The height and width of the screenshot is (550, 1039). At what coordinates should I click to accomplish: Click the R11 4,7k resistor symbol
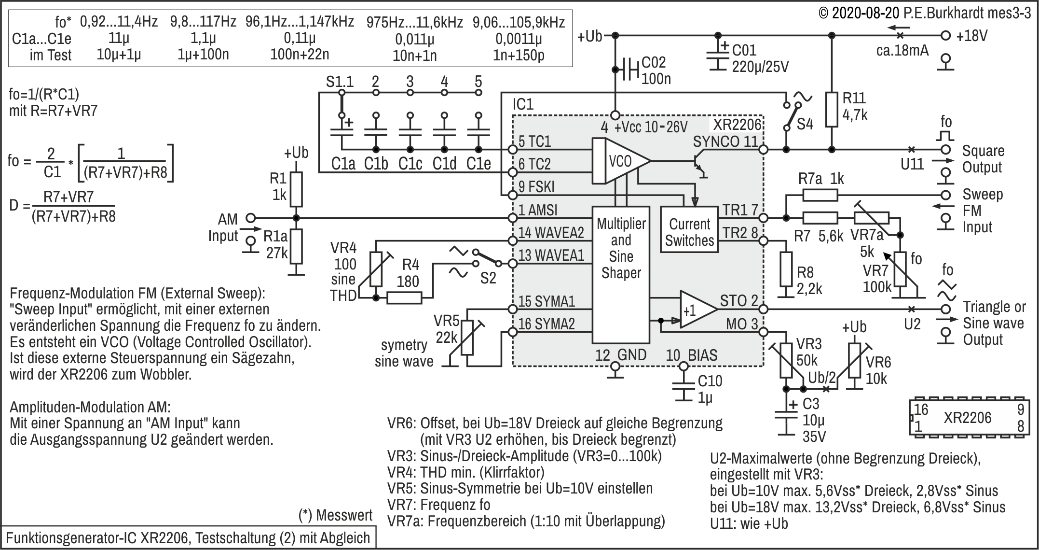tap(832, 109)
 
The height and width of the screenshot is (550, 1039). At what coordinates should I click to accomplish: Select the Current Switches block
tap(689, 229)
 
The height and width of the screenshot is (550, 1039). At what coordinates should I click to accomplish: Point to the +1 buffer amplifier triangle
tap(697, 310)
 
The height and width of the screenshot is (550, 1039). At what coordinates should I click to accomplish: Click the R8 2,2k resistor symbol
tap(786, 269)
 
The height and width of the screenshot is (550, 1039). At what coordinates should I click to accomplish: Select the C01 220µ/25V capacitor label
tap(760, 58)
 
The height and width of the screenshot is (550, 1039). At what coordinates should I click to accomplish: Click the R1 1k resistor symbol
tap(296, 189)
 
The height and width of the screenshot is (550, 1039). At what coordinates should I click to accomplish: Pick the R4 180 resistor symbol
tap(404, 298)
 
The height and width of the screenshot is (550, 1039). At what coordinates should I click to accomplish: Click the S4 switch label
tap(805, 125)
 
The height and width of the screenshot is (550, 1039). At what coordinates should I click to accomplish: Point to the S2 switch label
tap(488, 278)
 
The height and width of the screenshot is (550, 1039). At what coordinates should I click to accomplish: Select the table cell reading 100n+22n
tap(300, 54)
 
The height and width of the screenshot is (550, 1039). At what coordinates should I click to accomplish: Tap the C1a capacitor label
tap(343, 164)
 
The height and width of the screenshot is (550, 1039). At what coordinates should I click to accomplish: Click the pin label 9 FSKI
tap(536, 187)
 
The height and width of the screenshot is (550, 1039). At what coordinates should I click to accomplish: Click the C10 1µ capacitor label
tap(710, 389)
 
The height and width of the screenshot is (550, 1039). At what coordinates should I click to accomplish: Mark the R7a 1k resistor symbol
tap(820, 195)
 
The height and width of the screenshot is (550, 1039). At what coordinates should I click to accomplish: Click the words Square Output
tap(983, 159)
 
